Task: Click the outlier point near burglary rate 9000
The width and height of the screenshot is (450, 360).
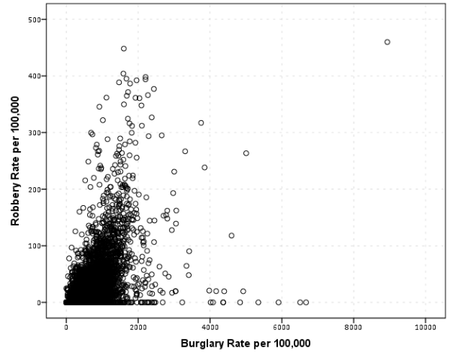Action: click(387, 42)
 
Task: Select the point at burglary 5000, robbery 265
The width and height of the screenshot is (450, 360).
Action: click(246, 153)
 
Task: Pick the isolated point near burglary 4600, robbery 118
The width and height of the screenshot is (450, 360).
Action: click(231, 235)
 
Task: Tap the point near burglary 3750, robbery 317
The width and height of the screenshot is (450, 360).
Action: click(201, 123)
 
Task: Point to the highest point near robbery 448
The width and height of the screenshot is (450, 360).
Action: click(124, 49)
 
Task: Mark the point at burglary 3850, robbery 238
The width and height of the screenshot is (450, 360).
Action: click(204, 168)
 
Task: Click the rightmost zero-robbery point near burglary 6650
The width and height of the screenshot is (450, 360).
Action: click(306, 302)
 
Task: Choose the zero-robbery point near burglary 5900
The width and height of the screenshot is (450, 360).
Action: click(278, 302)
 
